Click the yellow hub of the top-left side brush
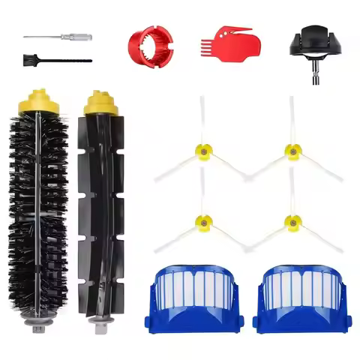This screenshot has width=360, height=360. (202, 151)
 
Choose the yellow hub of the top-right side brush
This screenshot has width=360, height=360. (291, 151)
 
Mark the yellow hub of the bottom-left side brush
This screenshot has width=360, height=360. (202, 220)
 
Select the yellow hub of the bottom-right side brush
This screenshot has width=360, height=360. (291, 220)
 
